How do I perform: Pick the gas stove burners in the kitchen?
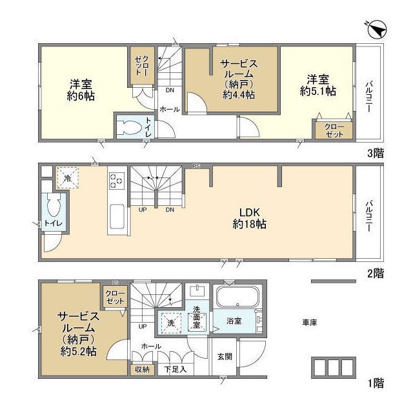[117, 179]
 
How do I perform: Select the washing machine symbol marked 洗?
[171, 322]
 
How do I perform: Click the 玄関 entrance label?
[224, 356]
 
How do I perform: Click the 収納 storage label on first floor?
[141, 370]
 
